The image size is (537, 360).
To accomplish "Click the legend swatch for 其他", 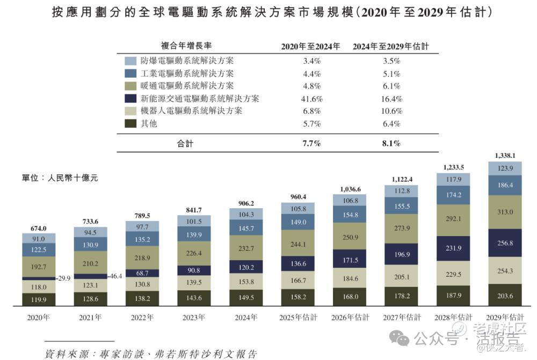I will pyautogui.click(x=130, y=124).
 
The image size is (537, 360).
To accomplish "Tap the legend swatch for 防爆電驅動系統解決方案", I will pyautogui.click(x=130, y=61).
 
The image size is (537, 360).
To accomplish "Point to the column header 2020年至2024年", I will pyautogui.click(x=311, y=46).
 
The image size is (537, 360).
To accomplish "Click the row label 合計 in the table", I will pyautogui.click(x=185, y=143).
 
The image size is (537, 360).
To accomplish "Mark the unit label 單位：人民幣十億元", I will pyautogui.click(x=53, y=177).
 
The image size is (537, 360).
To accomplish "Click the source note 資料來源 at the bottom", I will pyautogui.click(x=151, y=354).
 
